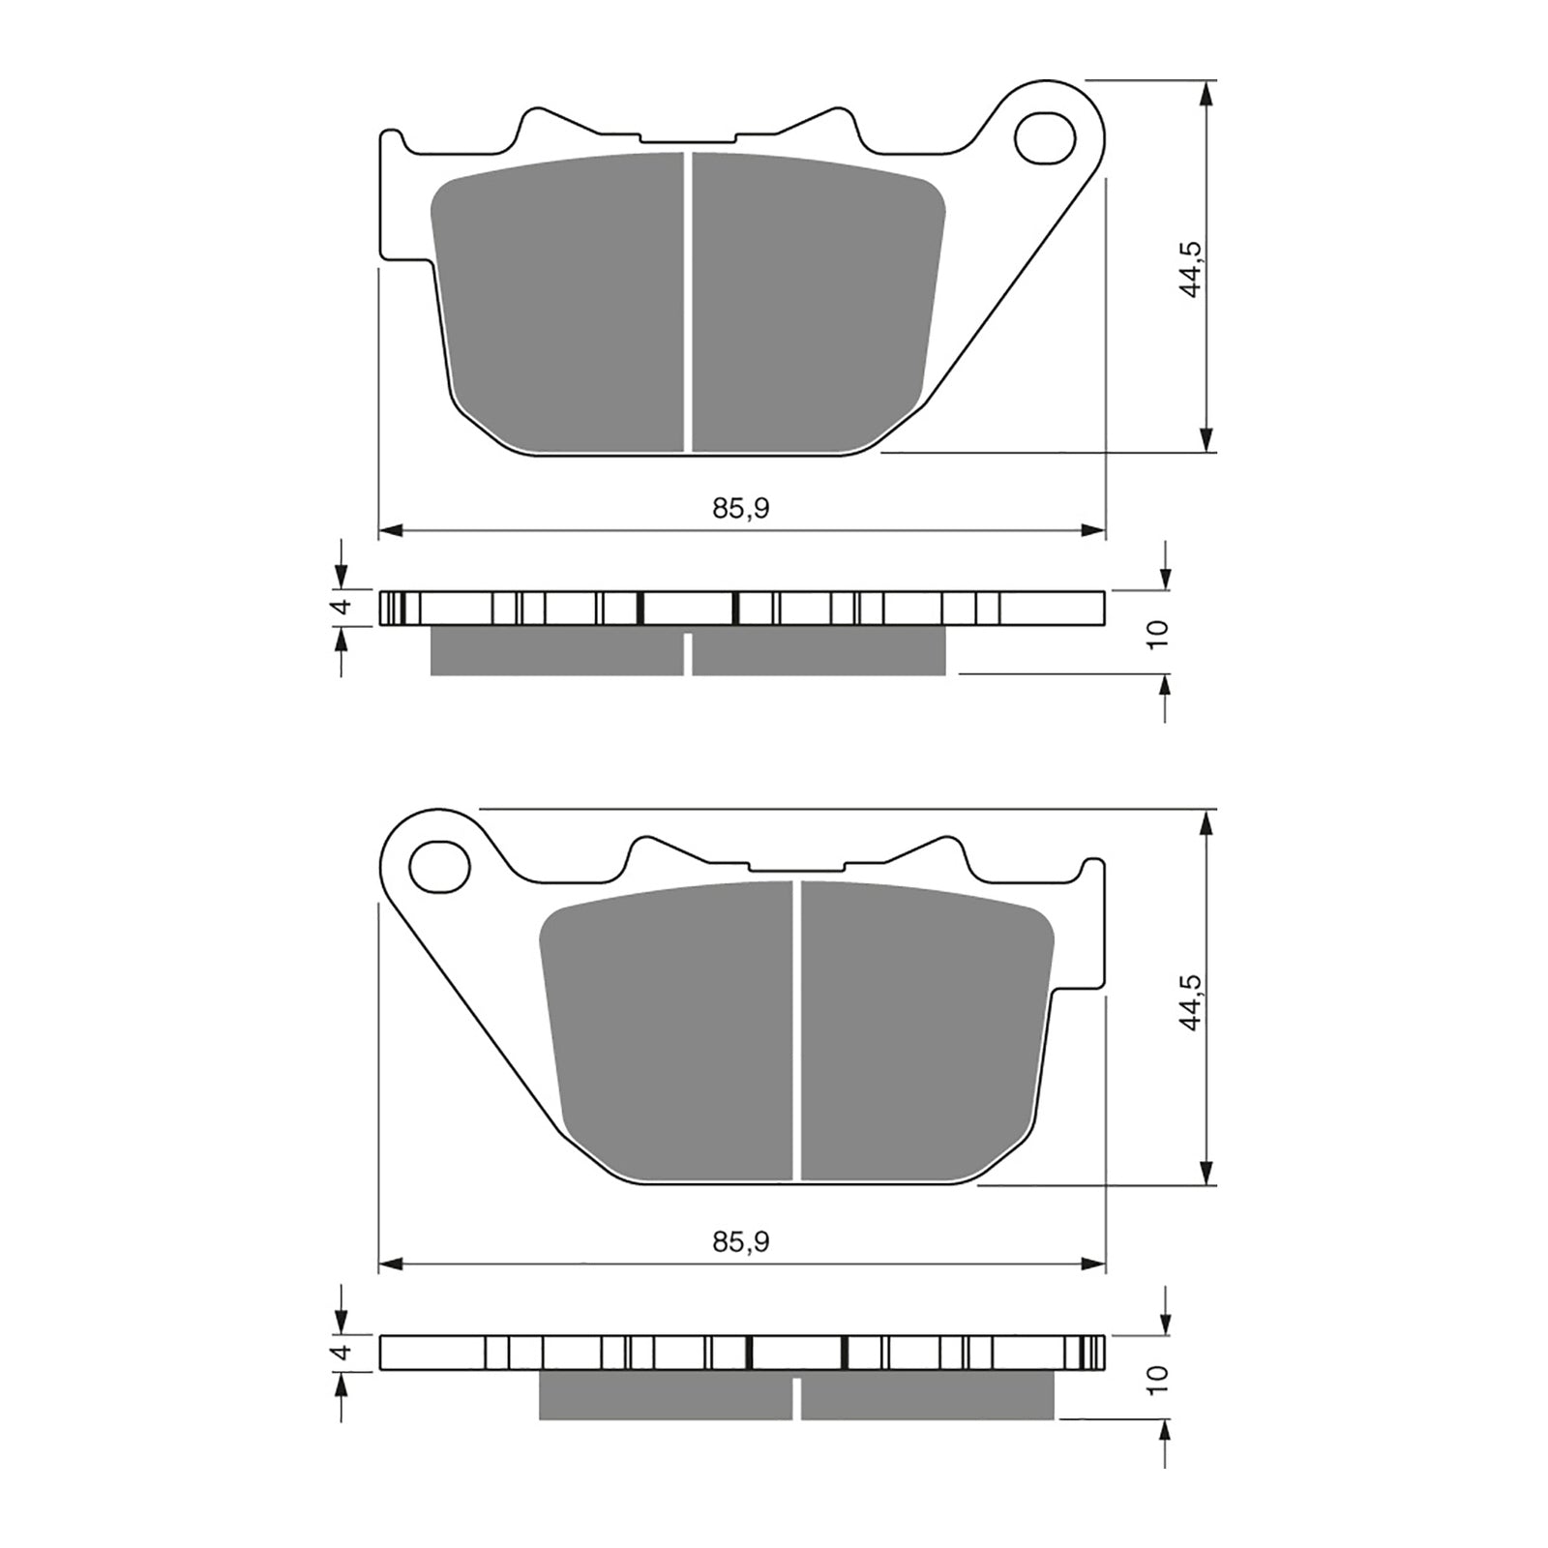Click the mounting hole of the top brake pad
pyautogui.click(x=1045, y=138)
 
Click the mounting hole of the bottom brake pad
pyautogui.click(x=439, y=867)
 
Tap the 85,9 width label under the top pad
pyautogui.click(x=740, y=508)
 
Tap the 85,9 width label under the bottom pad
pyautogui.click(x=740, y=1241)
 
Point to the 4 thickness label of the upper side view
pyautogui.click(x=340, y=607)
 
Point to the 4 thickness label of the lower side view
pyautogui.click(x=340, y=1353)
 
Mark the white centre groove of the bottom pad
pyautogui.click(x=797, y=1030)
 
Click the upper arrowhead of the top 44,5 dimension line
pyautogui.click(x=1206, y=93)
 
